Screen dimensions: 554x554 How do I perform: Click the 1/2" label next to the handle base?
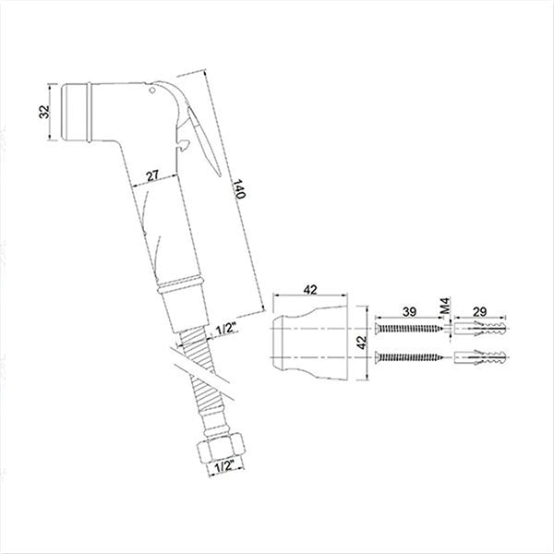pos(224,328)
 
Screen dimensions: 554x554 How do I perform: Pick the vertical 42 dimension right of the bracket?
pos(363,341)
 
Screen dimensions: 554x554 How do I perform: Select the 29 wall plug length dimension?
pos(481,313)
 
